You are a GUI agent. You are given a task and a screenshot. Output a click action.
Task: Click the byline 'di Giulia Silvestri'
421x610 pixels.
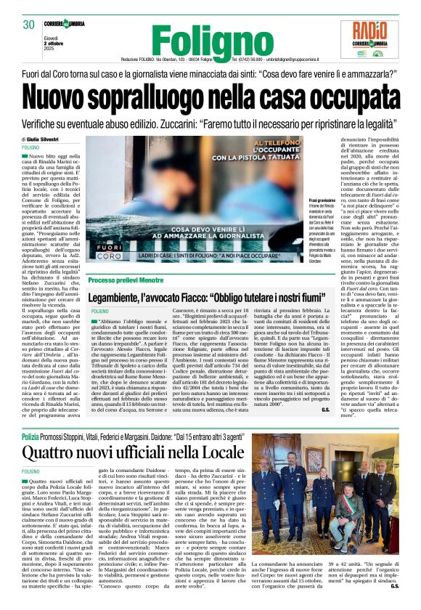pyautogui.click(x=39, y=139)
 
